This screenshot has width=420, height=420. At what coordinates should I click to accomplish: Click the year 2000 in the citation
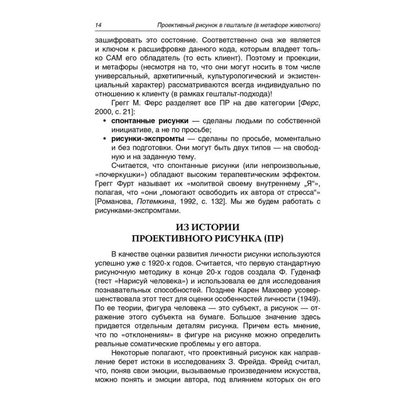105,111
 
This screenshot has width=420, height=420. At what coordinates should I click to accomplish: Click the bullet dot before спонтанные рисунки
104,121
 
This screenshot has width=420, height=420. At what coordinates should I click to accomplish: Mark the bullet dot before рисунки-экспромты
104,139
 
